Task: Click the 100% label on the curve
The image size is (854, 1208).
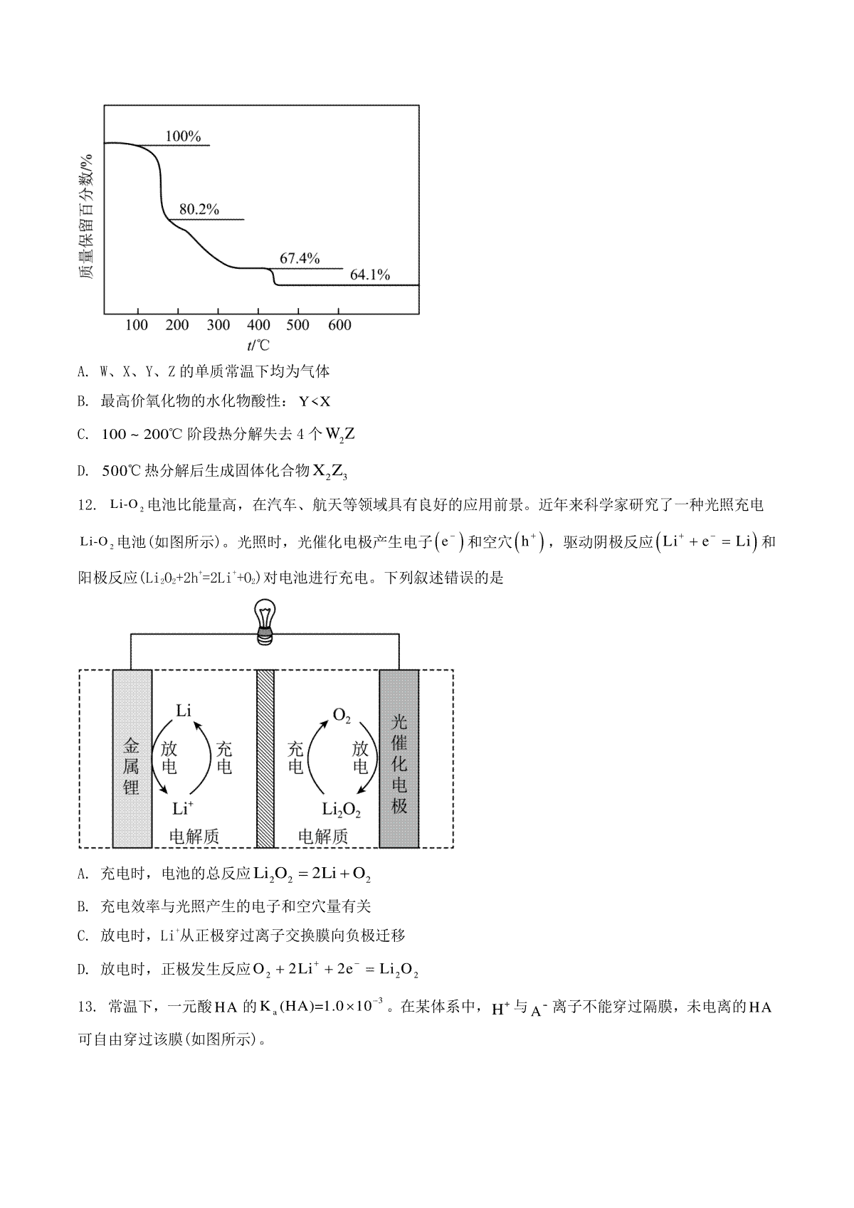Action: point(183,136)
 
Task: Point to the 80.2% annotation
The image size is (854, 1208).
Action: point(199,209)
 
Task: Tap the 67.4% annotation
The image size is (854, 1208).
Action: point(300,258)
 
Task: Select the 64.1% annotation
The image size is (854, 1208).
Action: point(370,275)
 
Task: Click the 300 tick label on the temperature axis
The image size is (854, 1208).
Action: point(218,324)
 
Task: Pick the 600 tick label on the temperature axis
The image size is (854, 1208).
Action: point(339,324)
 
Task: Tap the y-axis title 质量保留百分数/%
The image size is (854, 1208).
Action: point(86,216)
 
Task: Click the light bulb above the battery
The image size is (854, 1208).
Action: point(265,622)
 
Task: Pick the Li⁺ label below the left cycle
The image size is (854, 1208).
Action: point(183,808)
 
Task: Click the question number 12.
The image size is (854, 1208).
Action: point(87,505)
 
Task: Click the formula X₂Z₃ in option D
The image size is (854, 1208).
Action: point(330,472)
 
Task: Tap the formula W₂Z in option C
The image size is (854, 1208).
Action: point(340,435)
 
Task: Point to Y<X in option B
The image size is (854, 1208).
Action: point(315,401)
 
